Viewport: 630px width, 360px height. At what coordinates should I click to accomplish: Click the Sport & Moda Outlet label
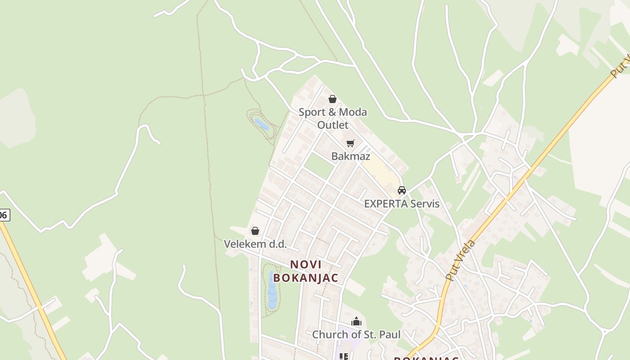[333, 118]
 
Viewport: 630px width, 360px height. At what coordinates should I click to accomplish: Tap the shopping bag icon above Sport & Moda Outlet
[333, 99]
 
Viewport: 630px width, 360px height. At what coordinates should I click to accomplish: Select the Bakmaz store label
[351, 156]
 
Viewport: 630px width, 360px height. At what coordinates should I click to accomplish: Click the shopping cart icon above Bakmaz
[351, 144]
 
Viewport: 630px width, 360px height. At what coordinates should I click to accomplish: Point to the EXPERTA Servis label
[401, 203]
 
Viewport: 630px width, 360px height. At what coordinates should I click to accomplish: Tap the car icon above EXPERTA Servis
[402, 190]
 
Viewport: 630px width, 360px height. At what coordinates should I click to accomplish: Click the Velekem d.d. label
[255, 244]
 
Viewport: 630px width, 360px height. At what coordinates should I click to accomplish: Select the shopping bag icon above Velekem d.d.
[255, 231]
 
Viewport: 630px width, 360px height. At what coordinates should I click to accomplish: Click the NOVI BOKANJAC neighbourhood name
[306, 271]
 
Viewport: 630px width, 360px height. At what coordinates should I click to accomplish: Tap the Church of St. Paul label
[356, 334]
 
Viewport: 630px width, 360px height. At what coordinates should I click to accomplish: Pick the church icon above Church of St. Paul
[356, 321]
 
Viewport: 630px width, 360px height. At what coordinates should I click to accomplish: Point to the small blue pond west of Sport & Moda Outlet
[261, 124]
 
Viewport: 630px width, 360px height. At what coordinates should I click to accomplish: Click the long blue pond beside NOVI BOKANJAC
[272, 290]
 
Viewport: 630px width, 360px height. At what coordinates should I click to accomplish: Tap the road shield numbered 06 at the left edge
[4, 215]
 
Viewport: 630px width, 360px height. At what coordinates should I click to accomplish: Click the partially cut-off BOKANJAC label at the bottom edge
[426, 358]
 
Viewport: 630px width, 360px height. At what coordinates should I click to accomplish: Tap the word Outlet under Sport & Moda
[333, 124]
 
